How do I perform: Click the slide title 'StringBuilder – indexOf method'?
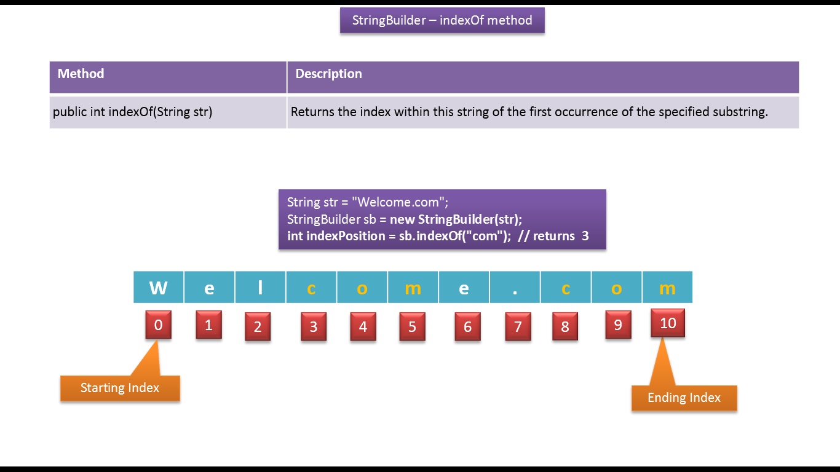pos(442,20)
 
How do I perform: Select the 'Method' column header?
pos(81,74)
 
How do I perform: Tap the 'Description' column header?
pos(328,74)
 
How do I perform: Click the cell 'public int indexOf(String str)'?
pos(132,112)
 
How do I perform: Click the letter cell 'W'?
pos(158,288)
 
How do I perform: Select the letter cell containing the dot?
pos(515,288)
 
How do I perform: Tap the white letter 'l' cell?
pos(260,288)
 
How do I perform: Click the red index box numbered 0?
pos(158,324)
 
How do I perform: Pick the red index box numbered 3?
pos(314,326)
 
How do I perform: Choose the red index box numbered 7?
pos(518,326)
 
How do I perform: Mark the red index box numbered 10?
pos(667,323)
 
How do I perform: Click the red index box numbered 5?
pos(412,326)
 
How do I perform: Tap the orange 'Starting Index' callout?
pos(120,388)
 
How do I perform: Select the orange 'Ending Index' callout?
pos(684,398)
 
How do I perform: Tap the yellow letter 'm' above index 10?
pos(667,288)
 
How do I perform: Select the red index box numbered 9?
pos(618,324)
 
